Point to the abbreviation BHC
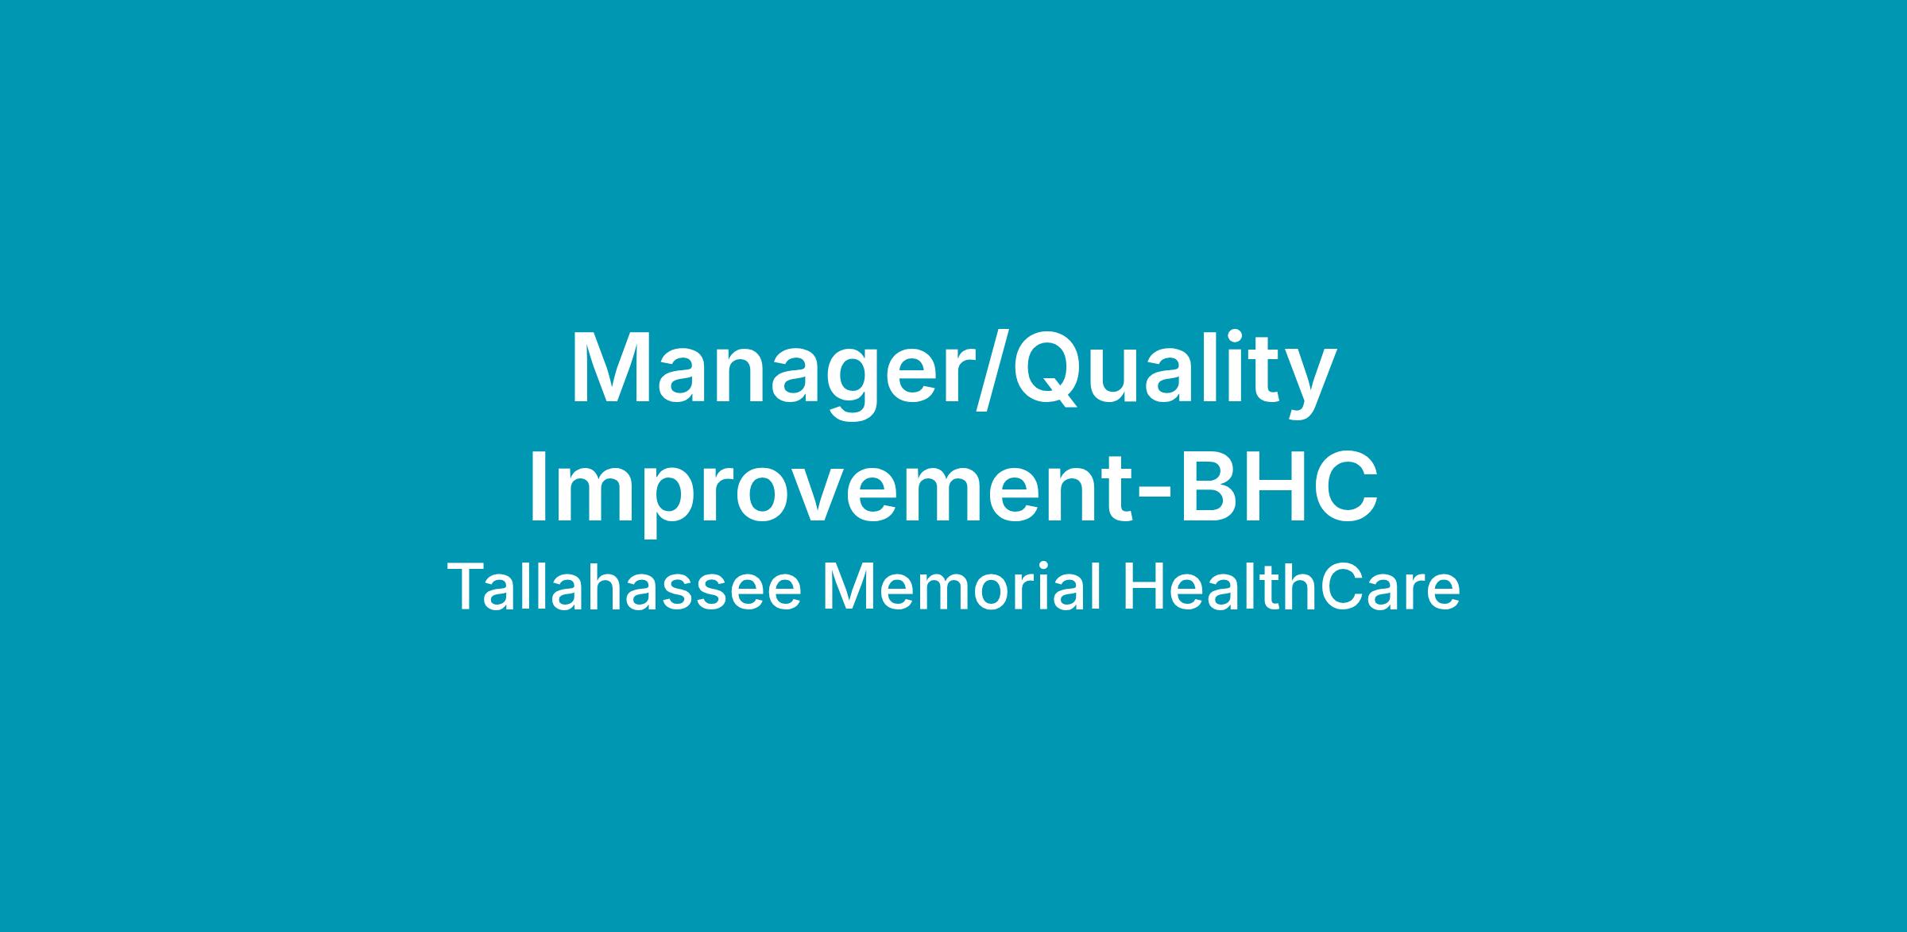pos(1278,485)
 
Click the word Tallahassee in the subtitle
pos(625,588)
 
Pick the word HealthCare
pos(1291,588)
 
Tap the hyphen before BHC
pos(1156,496)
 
